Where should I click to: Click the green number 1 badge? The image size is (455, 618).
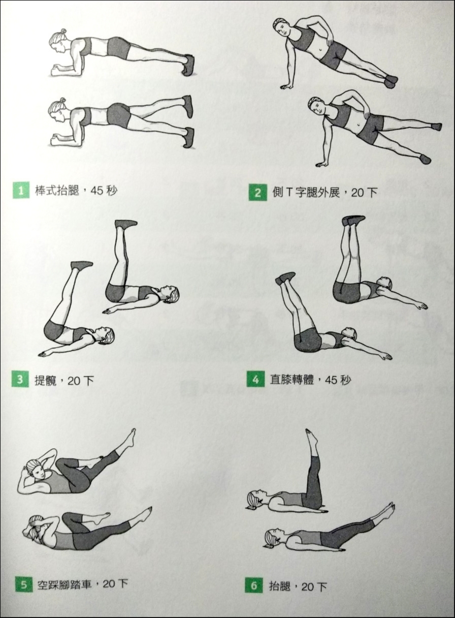(21, 190)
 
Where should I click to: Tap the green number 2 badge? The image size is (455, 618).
(257, 192)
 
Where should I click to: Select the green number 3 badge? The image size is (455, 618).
(20, 379)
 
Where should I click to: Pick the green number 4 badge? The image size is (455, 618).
(255, 379)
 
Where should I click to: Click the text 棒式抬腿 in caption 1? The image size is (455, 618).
(57, 190)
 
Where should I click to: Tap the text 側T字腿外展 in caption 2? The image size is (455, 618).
(306, 192)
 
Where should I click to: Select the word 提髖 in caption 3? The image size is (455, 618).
(46, 381)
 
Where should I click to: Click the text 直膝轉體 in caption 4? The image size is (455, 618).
(292, 380)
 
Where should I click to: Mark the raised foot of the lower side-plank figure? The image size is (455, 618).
(437, 126)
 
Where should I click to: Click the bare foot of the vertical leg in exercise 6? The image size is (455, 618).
(312, 437)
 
